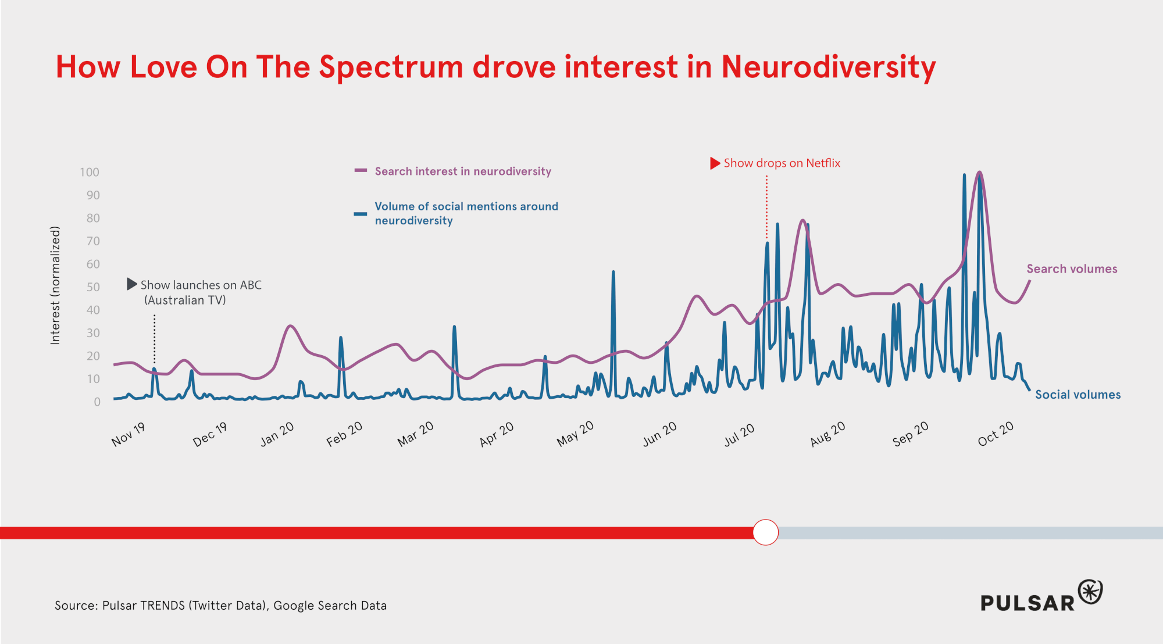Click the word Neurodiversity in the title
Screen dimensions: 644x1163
tap(828, 67)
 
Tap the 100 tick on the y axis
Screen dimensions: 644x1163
tap(90, 172)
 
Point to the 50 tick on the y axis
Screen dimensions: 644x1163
tap(93, 287)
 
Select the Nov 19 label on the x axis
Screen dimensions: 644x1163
tap(128, 435)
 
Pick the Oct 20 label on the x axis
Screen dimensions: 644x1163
tap(996, 434)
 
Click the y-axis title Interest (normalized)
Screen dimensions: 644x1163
tap(55, 285)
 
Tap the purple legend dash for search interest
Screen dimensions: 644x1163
tap(361, 171)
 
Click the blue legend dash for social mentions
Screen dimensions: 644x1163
tap(361, 214)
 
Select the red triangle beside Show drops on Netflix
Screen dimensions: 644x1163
tap(715, 163)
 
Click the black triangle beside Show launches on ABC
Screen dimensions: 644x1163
tap(132, 284)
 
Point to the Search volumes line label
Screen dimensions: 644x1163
tap(1072, 269)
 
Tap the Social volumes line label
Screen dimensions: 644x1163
tap(1078, 395)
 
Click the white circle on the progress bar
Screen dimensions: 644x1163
tap(765, 532)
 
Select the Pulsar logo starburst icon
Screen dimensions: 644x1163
tap(1090, 592)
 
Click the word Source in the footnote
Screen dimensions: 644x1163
tap(76, 606)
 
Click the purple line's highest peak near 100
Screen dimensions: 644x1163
tap(980, 173)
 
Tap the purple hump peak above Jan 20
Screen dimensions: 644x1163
tap(290, 326)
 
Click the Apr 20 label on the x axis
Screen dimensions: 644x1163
tap(497, 434)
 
